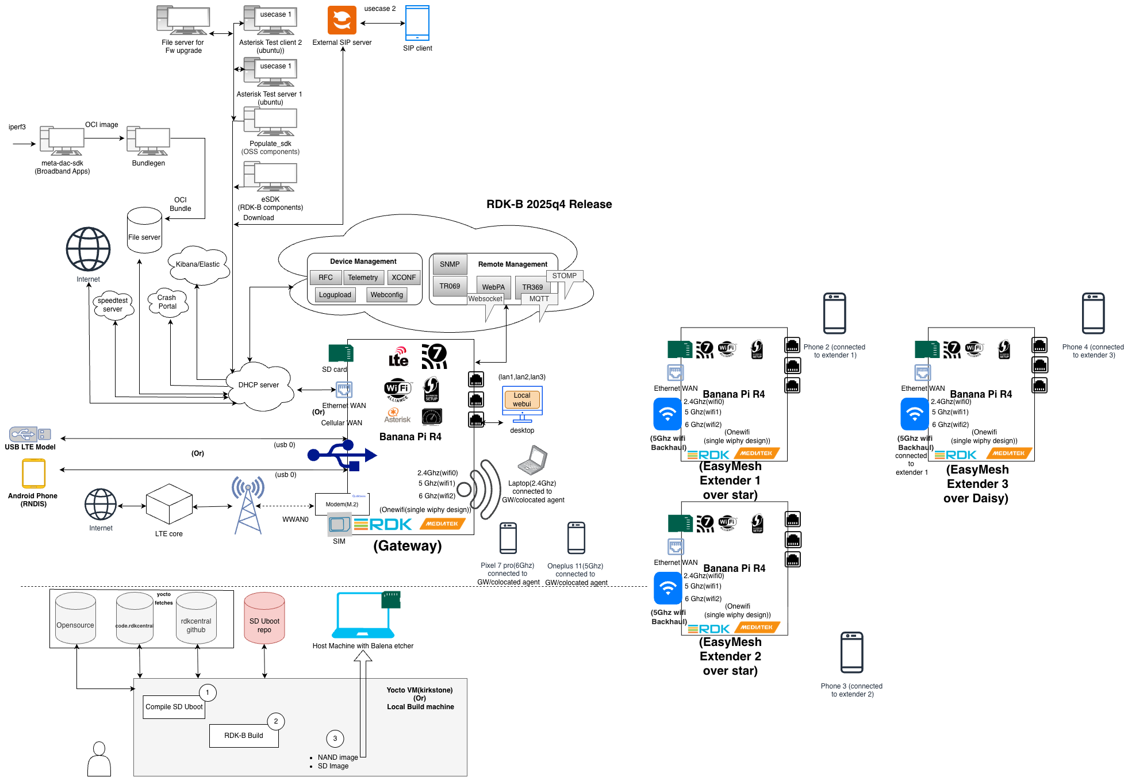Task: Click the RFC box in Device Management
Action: pos(325,278)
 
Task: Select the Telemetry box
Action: pos(363,278)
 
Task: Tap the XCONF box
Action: pos(404,278)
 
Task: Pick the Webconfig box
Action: pos(386,295)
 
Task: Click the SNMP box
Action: pos(450,264)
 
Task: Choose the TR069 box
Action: pos(450,286)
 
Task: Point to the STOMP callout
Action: pos(565,276)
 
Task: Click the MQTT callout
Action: pos(539,299)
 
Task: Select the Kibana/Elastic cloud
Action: pos(198,264)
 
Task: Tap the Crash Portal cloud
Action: pos(167,302)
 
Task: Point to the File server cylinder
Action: pos(144,231)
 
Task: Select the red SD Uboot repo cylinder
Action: pos(264,619)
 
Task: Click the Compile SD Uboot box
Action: pos(174,707)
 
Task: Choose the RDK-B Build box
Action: pos(244,736)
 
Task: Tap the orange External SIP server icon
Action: pos(342,20)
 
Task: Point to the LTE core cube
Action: pos(169,503)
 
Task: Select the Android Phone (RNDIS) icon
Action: pos(33,474)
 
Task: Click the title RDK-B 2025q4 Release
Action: pos(549,204)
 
